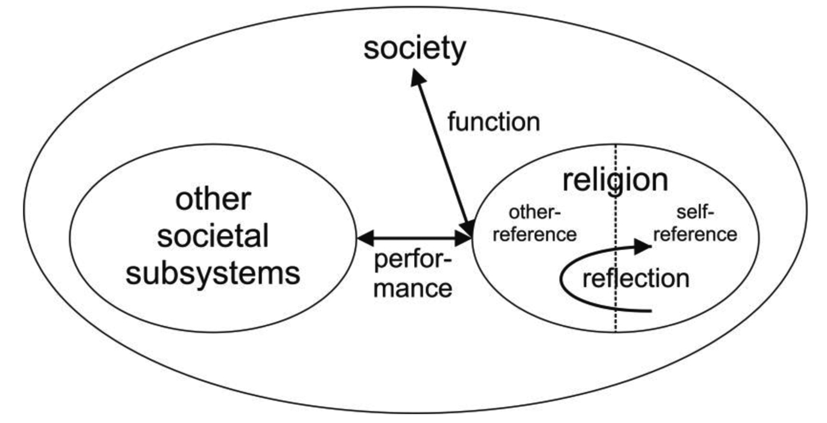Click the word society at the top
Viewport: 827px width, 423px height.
(415, 48)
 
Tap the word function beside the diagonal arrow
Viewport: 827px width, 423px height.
(493, 122)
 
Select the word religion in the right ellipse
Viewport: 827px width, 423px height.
(615, 179)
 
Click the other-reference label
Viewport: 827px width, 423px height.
(534, 224)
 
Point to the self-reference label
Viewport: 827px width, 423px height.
(695, 224)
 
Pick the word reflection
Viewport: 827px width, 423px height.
(636, 279)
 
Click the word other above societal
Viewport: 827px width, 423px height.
(212, 200)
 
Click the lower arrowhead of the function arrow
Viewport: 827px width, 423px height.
(468, 228)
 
